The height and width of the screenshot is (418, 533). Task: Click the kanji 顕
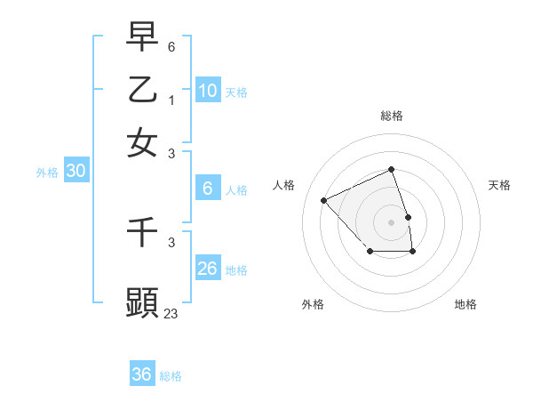[142, 302]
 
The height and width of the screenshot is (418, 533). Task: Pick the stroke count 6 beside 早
[171, 45]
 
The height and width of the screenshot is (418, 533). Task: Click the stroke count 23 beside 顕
[171, 313]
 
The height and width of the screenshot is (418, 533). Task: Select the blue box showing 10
[208, 90]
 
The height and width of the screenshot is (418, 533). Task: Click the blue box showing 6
[208, 188]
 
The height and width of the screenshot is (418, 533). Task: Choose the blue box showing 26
[208, 268]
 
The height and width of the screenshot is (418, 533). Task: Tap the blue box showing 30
[76, 172]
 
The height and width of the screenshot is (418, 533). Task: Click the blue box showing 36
[142, 374]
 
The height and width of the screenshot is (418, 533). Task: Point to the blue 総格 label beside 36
[171, 376]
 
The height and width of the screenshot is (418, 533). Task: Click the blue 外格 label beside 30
[46, 173]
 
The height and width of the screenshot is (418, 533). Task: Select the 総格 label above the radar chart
[392, 116]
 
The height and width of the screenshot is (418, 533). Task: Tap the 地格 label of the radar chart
[465, 304]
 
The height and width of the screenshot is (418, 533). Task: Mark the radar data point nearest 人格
[324, 200]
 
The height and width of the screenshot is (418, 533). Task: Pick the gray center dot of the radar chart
[392, 221]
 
